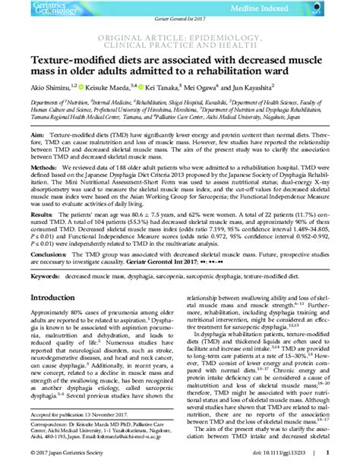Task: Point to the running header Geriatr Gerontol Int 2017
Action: click(179, 26)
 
